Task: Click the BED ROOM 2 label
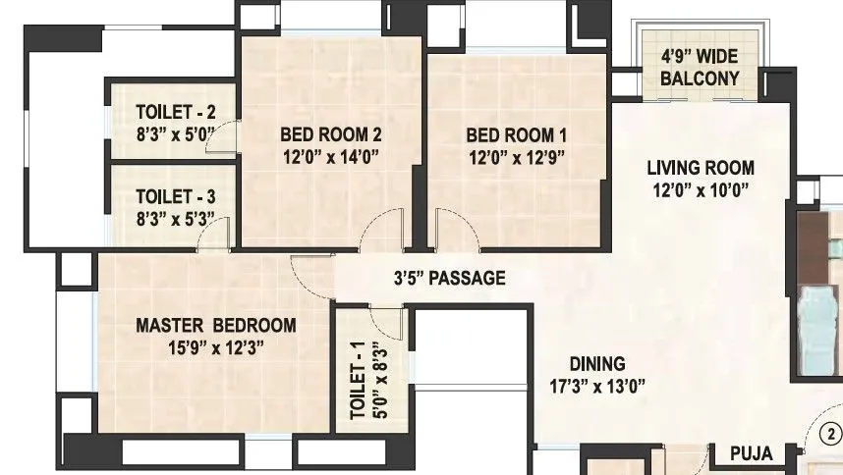click(x=330, y=134)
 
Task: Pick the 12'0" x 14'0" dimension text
click(x=330, y=156)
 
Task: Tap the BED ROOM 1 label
click(x=516, y=134)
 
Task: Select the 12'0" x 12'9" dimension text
click(x=516, y=156)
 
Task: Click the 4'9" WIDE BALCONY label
click(x=699, y=69)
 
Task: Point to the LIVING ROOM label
click(x=701, y=167)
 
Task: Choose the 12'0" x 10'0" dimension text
click(x=701, y=190)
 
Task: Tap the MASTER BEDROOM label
click(x=215, y=325)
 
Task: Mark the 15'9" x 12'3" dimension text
click(x=215, y=346)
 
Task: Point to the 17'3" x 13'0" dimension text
click(x=598, y=386)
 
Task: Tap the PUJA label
click(x=752, y=453)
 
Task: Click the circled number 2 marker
click(x=831, y=433)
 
